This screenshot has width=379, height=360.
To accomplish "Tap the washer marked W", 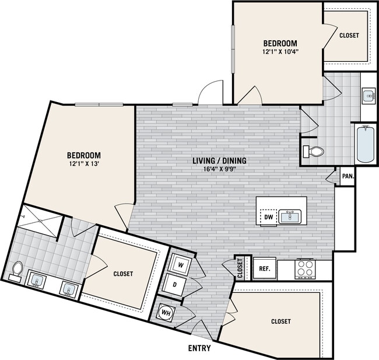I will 180,264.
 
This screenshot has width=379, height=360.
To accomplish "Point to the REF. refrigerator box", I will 263,270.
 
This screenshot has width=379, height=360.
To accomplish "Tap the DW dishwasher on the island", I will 268,217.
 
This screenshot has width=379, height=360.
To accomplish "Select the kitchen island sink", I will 290,216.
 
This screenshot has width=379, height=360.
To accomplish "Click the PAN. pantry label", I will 348,176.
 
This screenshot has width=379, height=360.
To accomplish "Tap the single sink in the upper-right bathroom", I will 369,95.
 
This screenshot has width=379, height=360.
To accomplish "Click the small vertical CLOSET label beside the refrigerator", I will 240,268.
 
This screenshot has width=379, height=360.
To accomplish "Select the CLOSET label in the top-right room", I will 349,35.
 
